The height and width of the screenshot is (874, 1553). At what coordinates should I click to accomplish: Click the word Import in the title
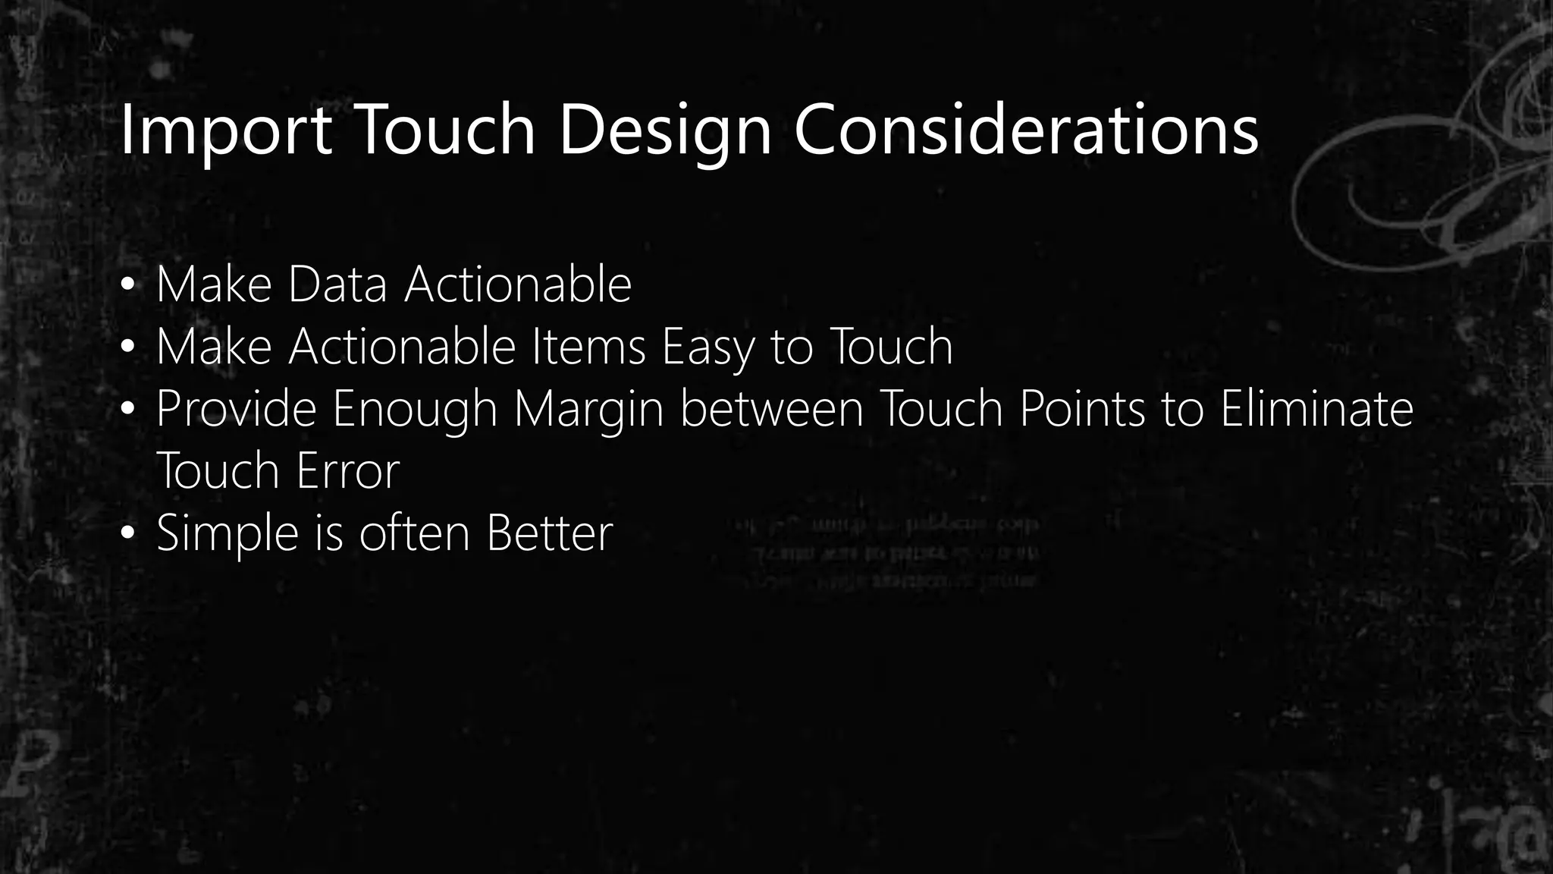[x=225, y=130]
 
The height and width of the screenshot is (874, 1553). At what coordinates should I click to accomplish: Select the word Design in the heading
[x=665, y=130]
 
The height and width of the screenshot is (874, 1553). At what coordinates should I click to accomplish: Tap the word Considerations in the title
[x=1026, y=130]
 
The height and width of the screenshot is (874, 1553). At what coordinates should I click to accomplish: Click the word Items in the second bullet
[x=588, y=347]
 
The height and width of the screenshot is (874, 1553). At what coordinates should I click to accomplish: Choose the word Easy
[x=708, y=347]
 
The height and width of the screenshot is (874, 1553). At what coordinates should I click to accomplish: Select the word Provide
[x=236, y=409]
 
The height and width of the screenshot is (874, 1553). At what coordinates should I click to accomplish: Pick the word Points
[x=1081, y=409]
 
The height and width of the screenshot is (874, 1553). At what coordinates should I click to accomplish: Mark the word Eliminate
[x=1316, y=409]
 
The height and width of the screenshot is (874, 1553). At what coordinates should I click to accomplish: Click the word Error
[x=347, y=471]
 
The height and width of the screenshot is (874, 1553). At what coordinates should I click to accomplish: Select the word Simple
[x=227, y=533]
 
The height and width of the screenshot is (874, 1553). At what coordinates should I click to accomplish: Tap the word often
[x=415, y=533]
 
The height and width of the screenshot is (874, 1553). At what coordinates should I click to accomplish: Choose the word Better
[x=549, y=533]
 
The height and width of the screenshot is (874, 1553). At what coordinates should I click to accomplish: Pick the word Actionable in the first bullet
[x=517, y=285]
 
